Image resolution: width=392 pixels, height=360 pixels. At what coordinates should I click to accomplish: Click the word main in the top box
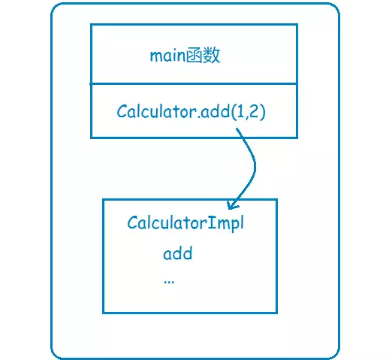(167, 56)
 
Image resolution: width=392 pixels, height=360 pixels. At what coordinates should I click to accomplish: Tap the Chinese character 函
(194, 56)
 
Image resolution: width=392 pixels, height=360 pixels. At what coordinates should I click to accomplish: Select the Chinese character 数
(212, 56)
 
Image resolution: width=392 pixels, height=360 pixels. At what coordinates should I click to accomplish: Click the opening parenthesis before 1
(234, 111)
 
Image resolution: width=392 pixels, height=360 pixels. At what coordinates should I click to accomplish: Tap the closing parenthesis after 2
(262, 111)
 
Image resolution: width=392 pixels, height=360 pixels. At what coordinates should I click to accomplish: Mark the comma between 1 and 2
(246, 116)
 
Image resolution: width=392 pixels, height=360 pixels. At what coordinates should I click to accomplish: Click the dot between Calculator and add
(199, 116)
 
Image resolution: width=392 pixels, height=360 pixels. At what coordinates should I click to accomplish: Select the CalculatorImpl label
(185, 223)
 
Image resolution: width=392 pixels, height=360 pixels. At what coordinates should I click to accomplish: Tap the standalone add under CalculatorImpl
(178, 253)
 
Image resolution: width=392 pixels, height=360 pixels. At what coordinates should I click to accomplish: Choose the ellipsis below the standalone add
(169, 283)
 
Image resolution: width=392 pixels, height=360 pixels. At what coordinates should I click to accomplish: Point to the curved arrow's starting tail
(237, 129)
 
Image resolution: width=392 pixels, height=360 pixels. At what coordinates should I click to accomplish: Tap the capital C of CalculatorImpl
(132, 222)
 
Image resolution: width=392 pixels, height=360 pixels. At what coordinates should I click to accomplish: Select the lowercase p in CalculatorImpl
(234, 225)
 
